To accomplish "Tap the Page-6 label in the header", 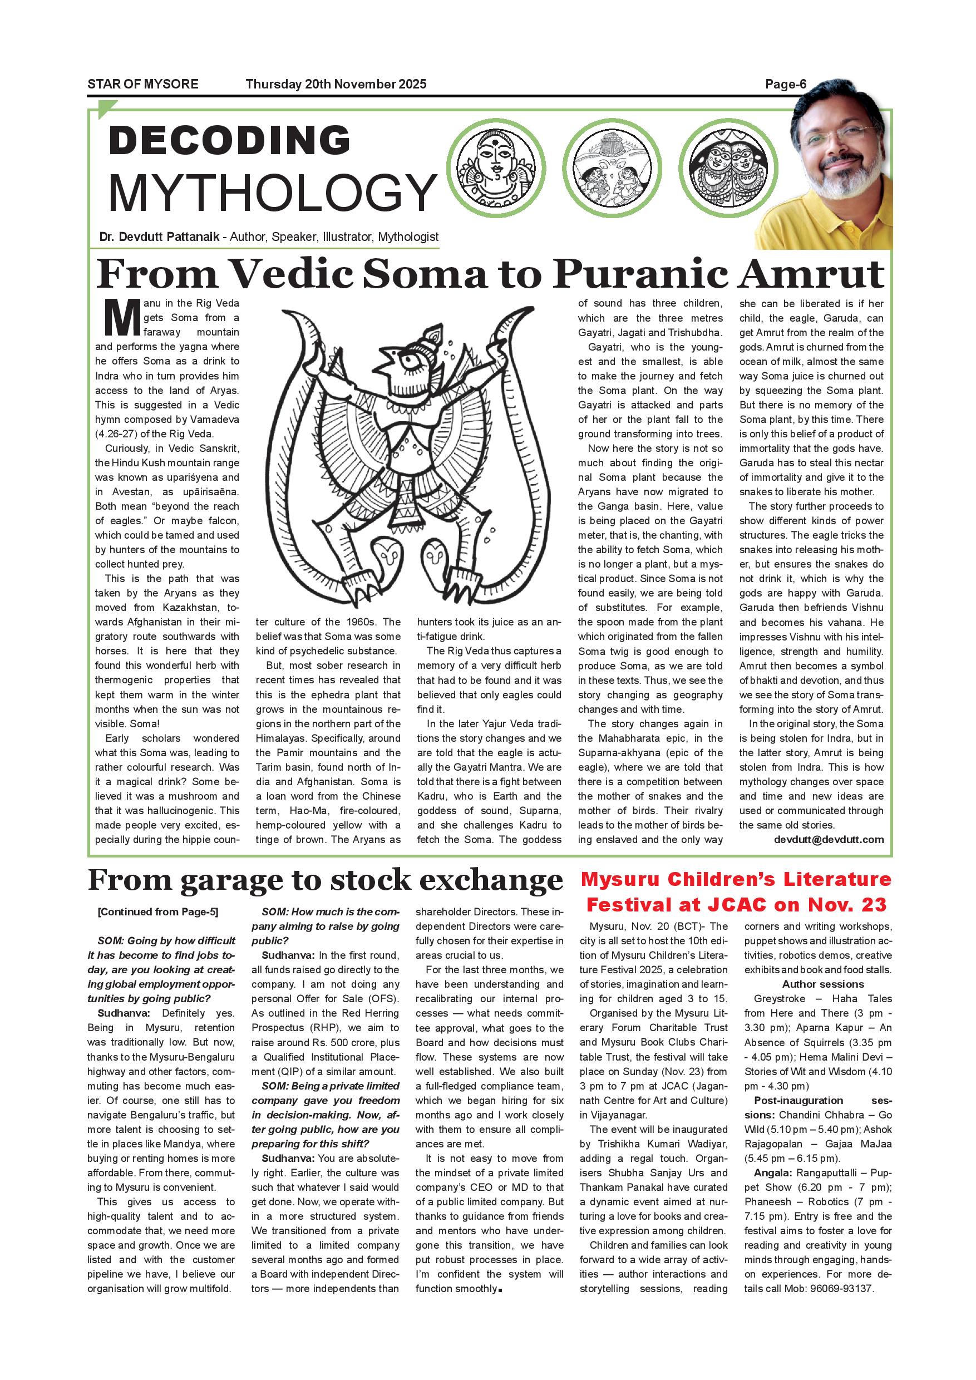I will [x=785, y=84].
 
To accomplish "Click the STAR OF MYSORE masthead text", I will [x=142, y=84].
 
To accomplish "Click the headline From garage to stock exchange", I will [x=325, y=880].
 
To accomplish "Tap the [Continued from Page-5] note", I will [x=157, y=912].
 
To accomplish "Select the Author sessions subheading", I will [x=822, y=984].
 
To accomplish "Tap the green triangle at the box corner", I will [x=106, y=110].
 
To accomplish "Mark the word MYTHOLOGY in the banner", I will [x=272, y=193].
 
